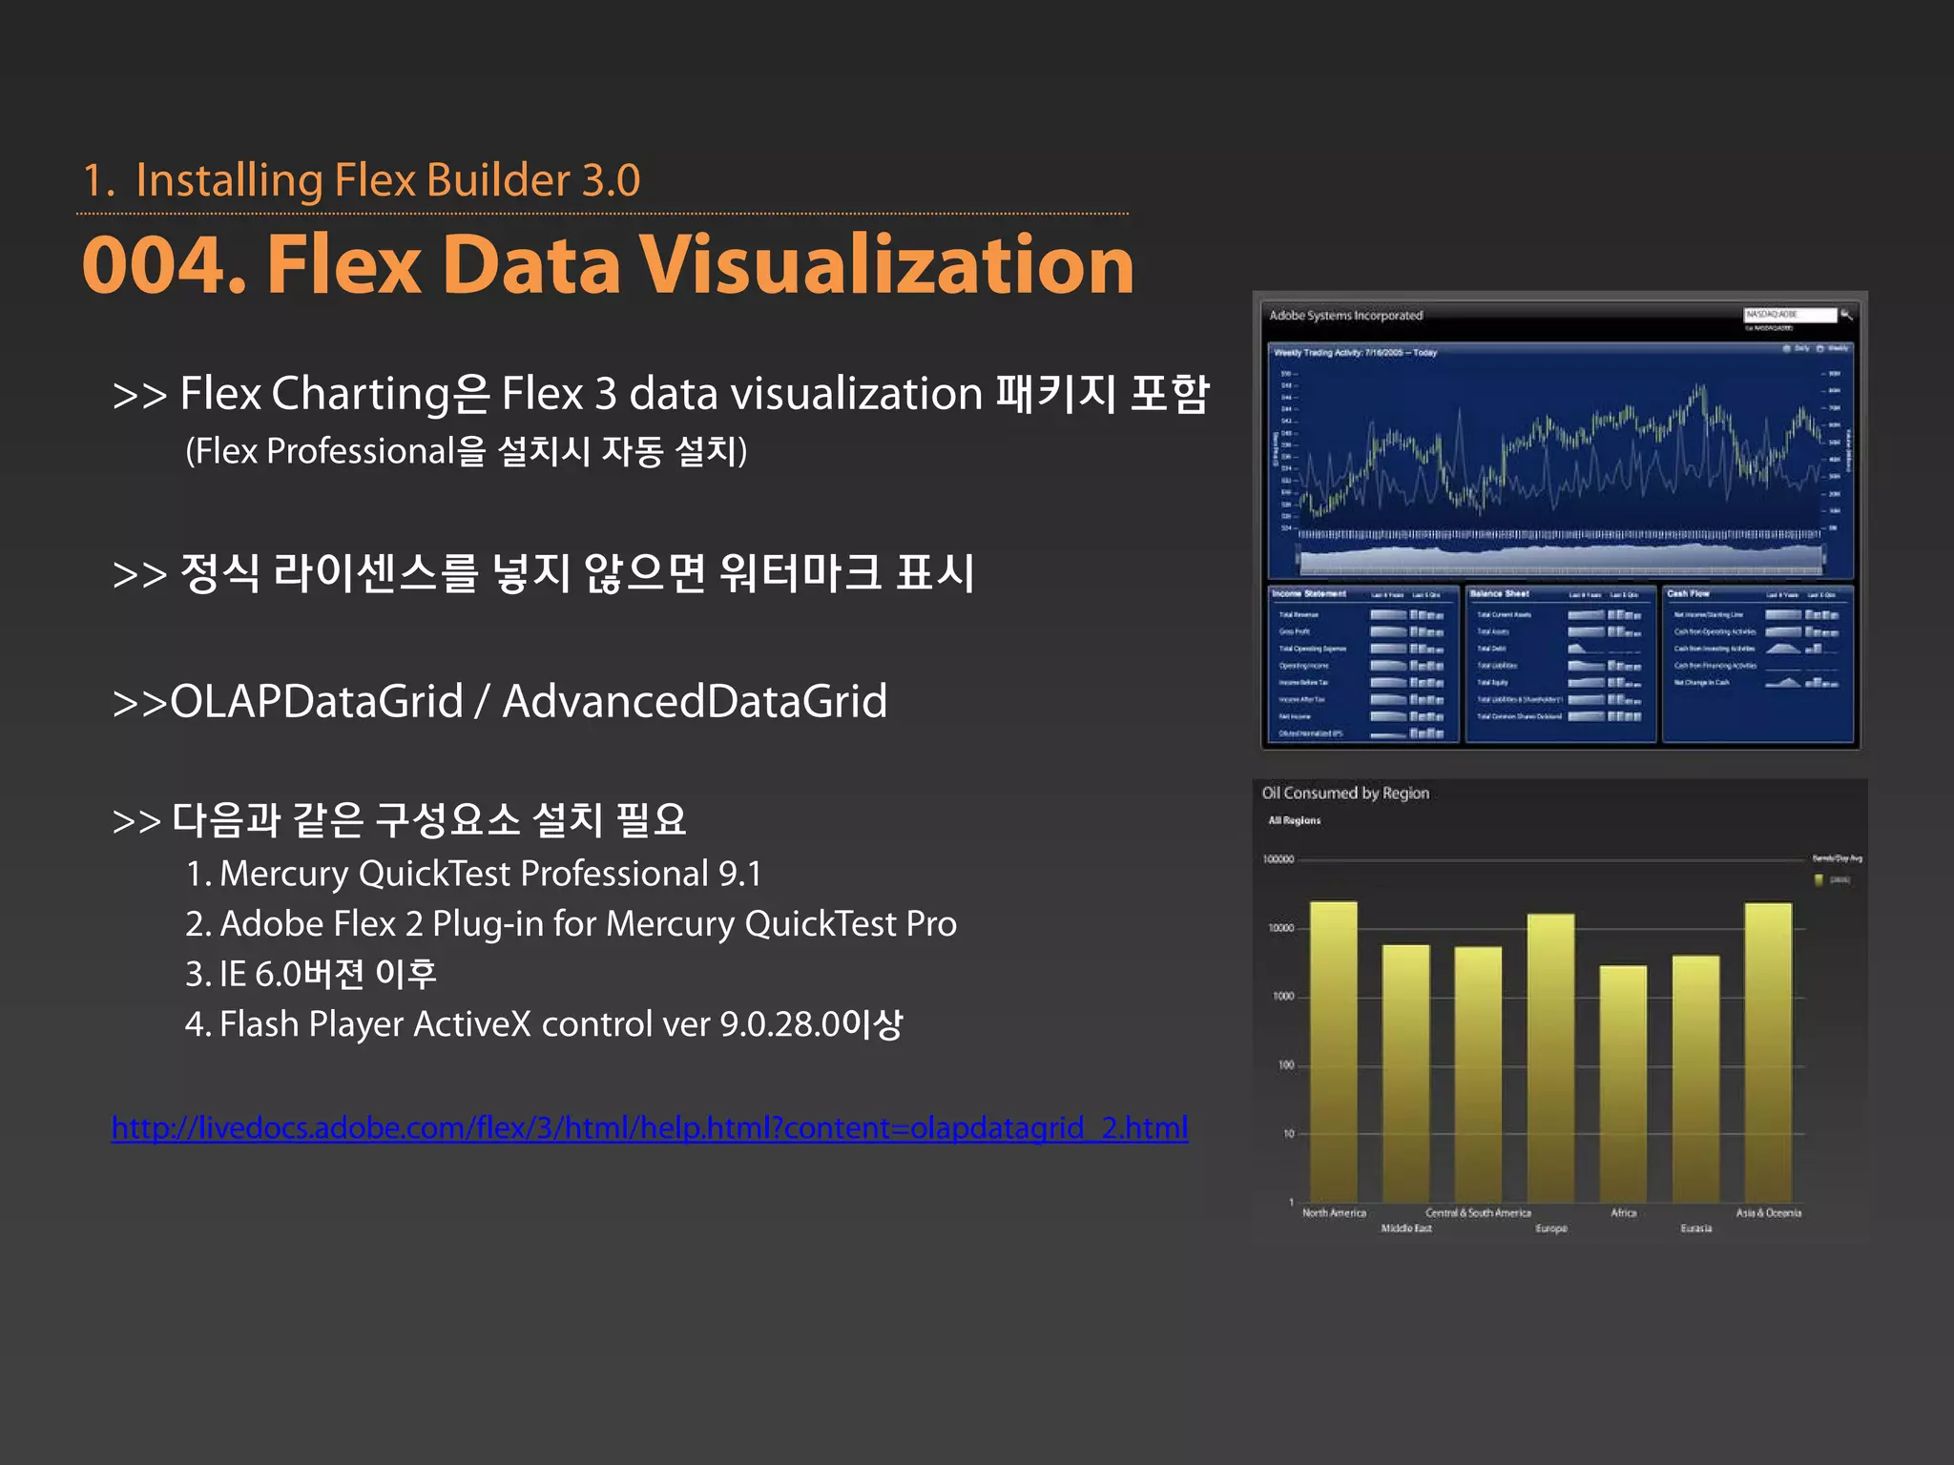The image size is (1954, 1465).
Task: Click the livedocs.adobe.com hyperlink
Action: tap(650, 1128)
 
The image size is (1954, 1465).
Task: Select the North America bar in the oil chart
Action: tap(1333, 1049)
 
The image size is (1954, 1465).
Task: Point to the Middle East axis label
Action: tap(1406, 1228)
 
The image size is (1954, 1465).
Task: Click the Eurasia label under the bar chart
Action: tap(1695, 1228)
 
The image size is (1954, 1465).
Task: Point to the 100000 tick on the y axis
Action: tap(1278, 859)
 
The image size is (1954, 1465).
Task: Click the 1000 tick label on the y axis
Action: tap(1283, 997)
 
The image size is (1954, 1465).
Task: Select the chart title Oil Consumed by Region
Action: tap(1345, 794)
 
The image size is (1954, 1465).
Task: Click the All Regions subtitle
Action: tap(1294, 820)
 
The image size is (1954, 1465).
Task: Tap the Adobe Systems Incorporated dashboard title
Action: tap(1345, 316)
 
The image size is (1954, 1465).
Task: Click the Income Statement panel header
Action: tap(1308, 594)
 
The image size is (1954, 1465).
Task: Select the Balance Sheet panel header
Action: tap(1499, 594)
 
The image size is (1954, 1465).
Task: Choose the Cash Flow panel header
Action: tap(1688, 594)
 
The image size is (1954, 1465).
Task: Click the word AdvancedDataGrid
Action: tap(695, 702)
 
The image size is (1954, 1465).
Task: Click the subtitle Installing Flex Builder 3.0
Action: tap(387, 181)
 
